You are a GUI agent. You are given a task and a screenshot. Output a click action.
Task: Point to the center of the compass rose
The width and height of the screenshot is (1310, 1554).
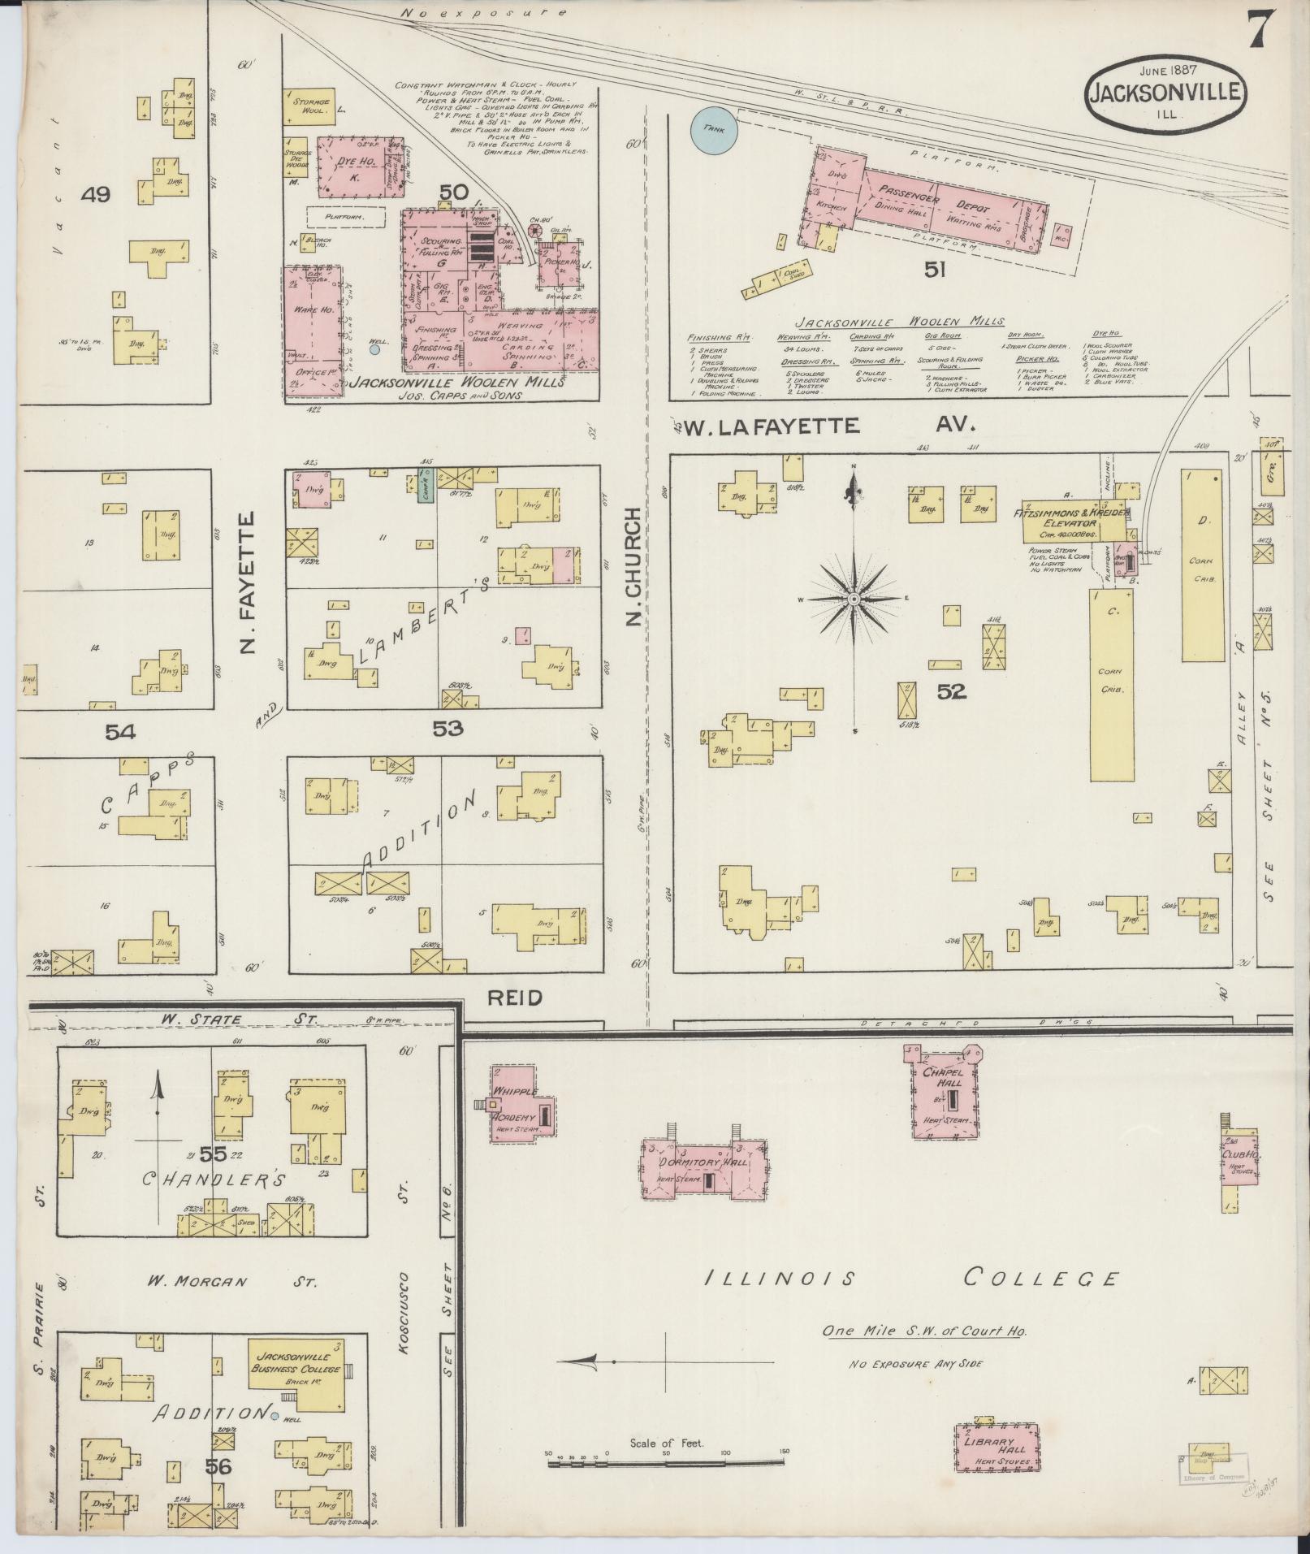854,600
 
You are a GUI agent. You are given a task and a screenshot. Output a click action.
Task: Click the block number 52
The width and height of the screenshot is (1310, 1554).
951,691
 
